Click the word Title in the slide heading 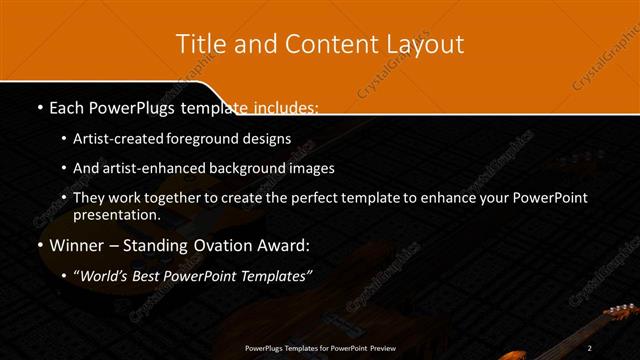(200, 44)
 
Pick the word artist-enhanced (147, 168)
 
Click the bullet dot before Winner (39, 245)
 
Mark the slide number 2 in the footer (590, 347)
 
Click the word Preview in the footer (377, 347)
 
